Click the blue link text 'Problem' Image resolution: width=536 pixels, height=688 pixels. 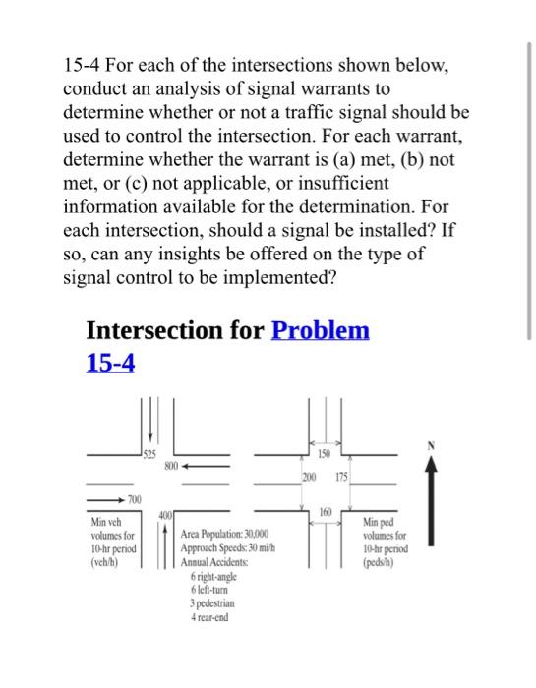(320, 330)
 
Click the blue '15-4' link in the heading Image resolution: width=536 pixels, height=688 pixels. (110, 363)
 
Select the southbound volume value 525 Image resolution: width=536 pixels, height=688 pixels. (148, 453)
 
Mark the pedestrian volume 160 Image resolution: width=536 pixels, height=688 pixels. (326, 511)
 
